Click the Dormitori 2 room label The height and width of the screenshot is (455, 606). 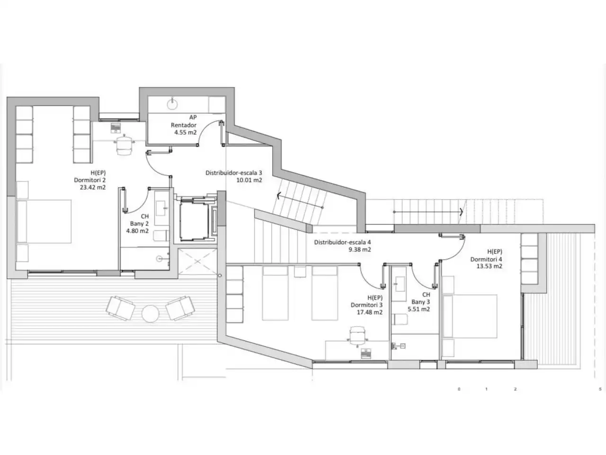90,180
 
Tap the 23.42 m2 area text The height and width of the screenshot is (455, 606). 93,187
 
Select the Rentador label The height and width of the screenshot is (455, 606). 184,125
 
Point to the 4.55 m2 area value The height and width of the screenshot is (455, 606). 185,132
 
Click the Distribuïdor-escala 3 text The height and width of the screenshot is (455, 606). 233,173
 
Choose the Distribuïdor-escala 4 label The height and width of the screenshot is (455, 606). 342,243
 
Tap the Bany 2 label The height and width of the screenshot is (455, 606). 139,224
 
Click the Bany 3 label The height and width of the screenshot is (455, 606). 420,302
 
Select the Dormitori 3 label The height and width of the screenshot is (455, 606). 366,305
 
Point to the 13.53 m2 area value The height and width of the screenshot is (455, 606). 489,266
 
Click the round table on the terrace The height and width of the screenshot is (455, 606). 151,314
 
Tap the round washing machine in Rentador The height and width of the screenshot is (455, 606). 172,104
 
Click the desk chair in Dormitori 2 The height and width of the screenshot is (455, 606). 124,145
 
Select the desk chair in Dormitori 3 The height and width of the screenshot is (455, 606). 358,336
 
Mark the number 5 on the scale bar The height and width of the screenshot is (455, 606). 600,389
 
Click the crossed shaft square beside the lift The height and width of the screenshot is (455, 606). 197,261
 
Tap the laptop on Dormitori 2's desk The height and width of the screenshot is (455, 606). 116,128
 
